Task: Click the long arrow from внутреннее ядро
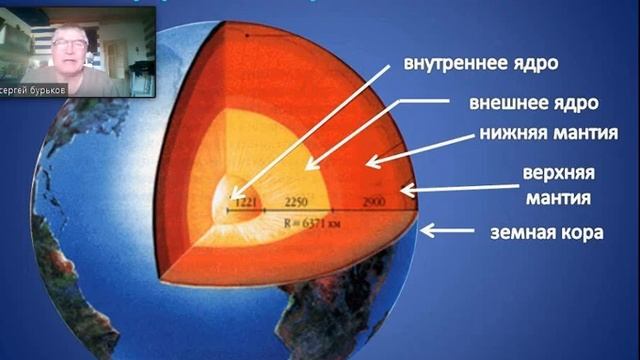310,129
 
